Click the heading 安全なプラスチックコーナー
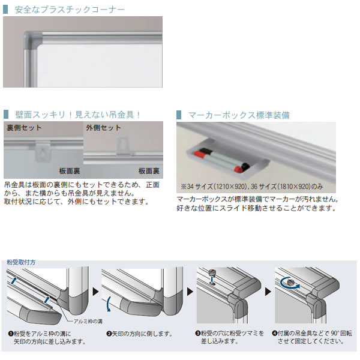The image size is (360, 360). [70, 10]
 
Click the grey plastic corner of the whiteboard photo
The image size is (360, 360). [32, 40]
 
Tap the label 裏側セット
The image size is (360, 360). [24, 128]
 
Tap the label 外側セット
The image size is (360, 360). [104, 128]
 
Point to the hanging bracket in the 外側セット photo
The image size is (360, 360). [122, 145]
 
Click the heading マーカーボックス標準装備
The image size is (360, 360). [239, 115]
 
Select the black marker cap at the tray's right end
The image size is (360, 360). [245, 166]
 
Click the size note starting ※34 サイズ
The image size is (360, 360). [252, 186]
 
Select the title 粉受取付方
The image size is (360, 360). [21, 262]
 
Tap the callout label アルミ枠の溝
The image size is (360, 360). [88, 321]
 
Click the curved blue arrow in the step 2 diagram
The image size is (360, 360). [109, 304]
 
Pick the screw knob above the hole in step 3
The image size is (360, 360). [212, 273]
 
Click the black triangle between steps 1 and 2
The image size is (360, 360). [96, 292]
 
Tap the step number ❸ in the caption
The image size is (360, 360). [197, 333]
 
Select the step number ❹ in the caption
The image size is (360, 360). [275, 333]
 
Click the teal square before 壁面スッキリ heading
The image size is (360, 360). [6, 115]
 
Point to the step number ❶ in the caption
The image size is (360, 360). [11, 334]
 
